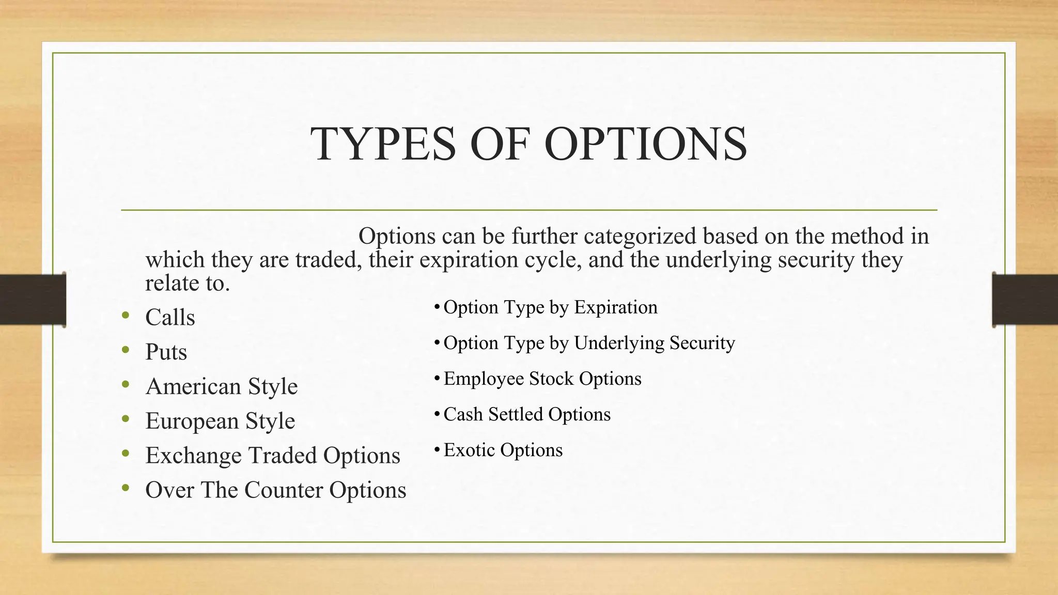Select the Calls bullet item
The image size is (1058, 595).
pyautogui.click(x=170, y=317)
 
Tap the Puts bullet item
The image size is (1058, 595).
pyautogui.click(x=166, y=352)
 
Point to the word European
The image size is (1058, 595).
pyautogui.click(x=191, y=421)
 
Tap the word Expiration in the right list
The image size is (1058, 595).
pyautogui.click(x=615, y=307)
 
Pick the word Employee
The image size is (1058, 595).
pyautogui.click(x=483, y=379)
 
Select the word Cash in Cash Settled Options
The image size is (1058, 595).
pyautogui.click(x=463, y=414)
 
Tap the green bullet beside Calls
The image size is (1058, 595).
pyautogui.click(x=126, y=315)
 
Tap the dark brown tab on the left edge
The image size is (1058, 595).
pyautogui.click(x=33, y=300)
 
